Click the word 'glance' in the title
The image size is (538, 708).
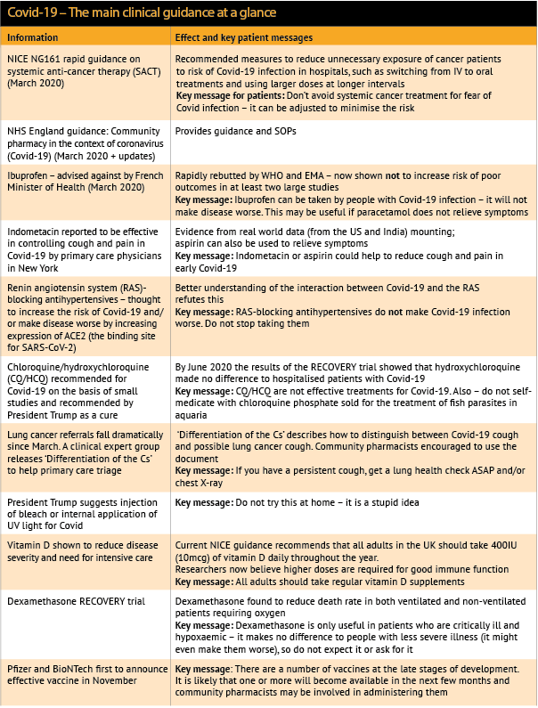point(255,12)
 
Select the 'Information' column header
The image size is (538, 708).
point(33,38)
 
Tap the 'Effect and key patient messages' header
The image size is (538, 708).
point(244,38)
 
